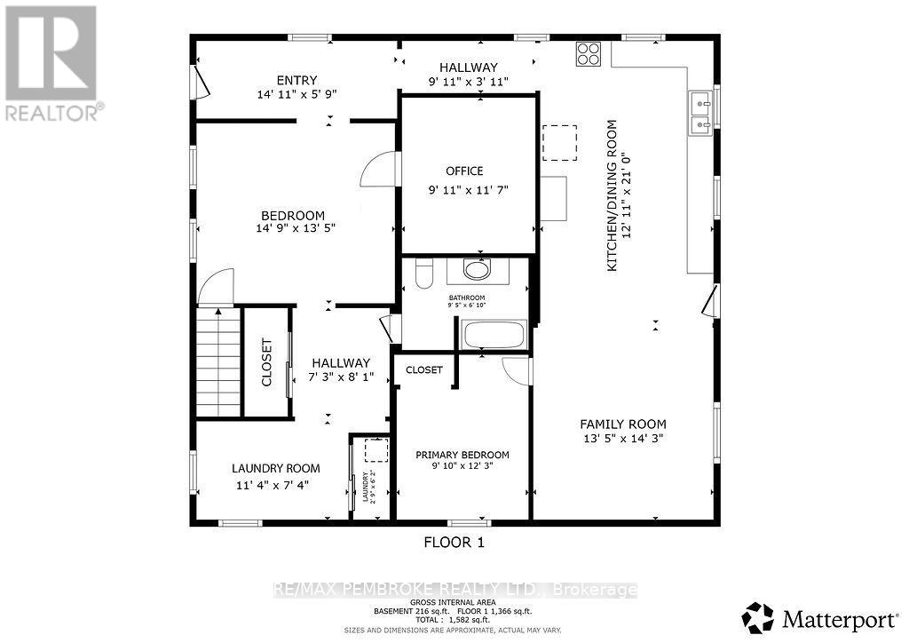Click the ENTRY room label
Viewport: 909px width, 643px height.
point(296,80)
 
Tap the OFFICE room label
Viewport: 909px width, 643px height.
point(464,171)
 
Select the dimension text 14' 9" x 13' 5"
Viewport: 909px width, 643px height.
point(292,228)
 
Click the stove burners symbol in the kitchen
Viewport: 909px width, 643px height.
point(588,54)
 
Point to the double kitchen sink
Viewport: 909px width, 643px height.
point(700,114)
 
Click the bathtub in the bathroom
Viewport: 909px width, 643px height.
point(494,335)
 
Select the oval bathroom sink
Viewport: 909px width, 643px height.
point(478,270)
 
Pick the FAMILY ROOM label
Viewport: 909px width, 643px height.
point(623,424)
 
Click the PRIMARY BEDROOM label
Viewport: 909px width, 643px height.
point(462,455)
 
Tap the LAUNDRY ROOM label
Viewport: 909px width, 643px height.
point(275,468)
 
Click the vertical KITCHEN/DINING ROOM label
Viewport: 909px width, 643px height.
point(612,195)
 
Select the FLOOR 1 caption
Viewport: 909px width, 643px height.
point(454,541)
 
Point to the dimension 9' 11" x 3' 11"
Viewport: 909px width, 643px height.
point(469,82)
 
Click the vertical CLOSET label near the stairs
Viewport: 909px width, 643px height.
point(267,362)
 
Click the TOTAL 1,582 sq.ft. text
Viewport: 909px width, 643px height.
point(454,619)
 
